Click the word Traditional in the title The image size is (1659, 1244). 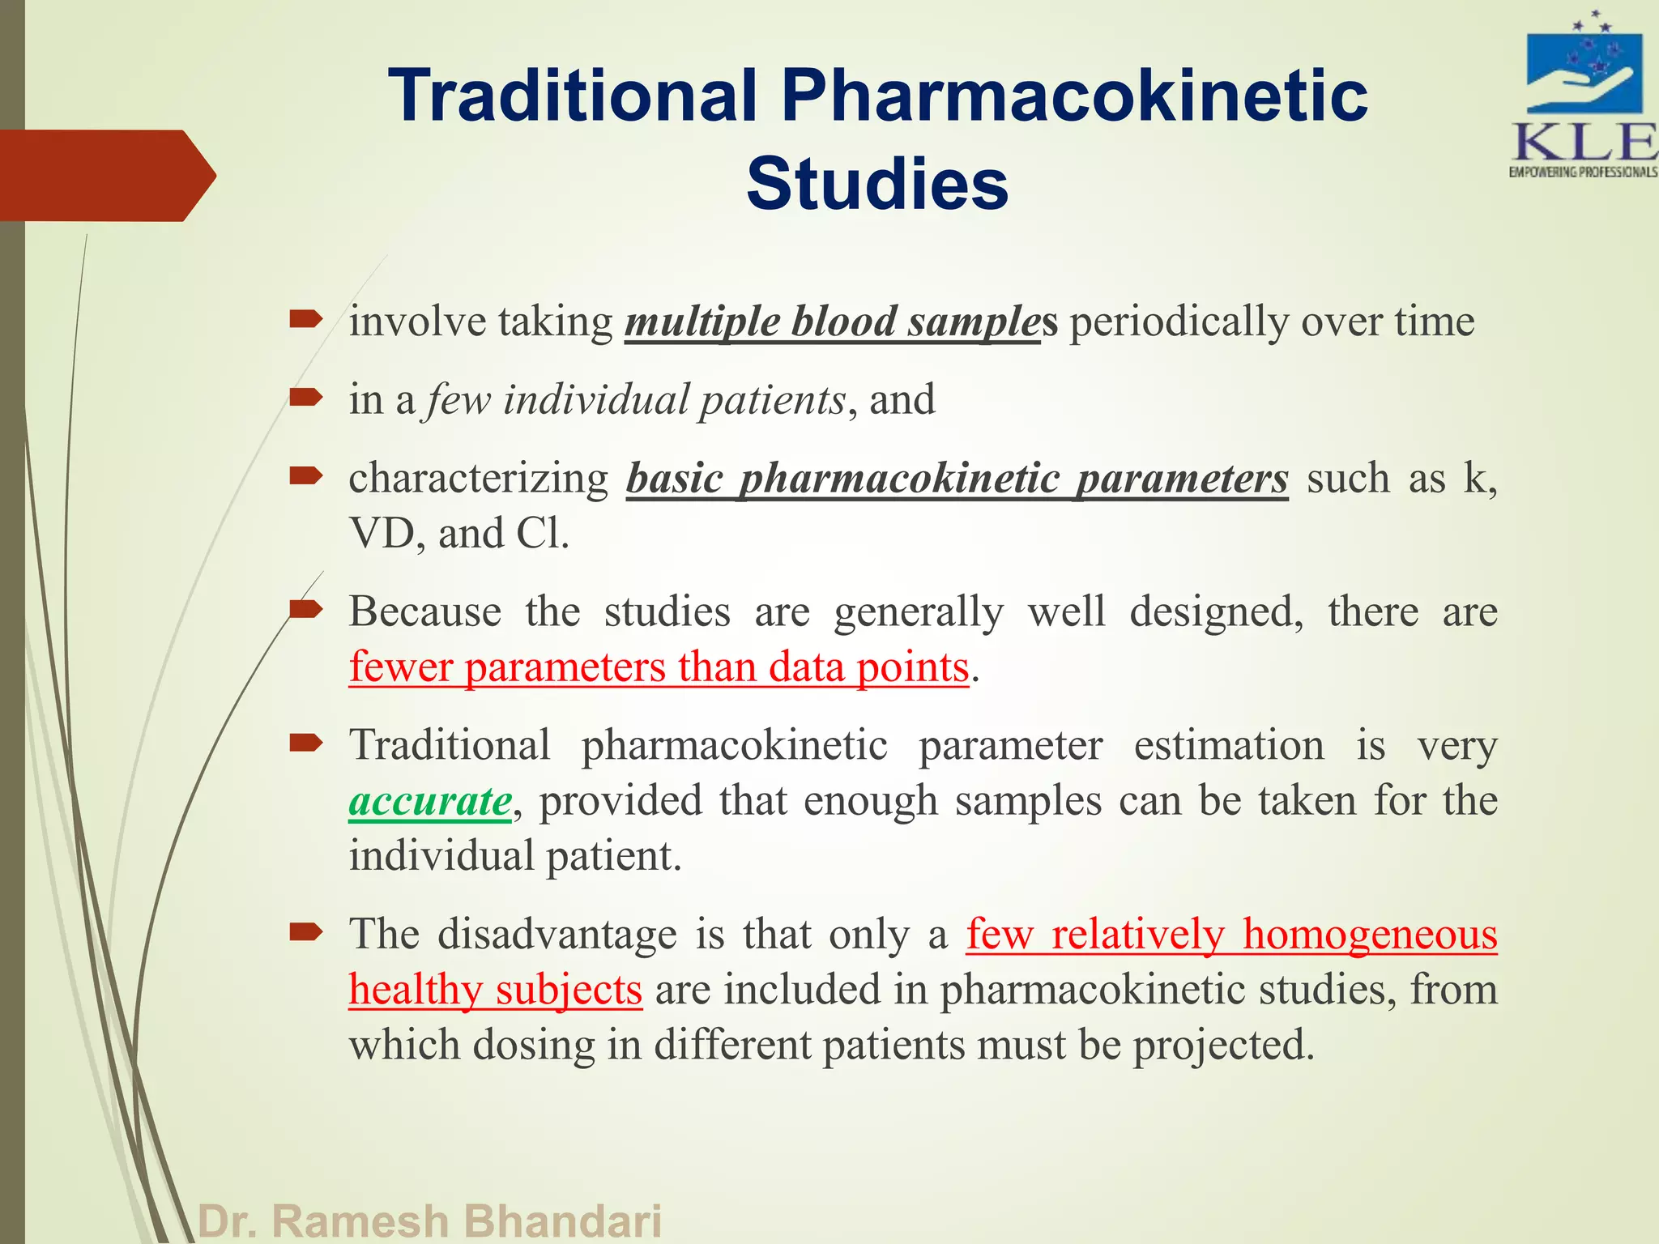tap(572, 96)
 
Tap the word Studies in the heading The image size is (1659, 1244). tap(877, 185)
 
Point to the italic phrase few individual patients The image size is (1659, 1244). tap(637, 400)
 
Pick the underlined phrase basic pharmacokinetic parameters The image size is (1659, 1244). tap(957, 479)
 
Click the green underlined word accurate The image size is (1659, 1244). tap(430, 801)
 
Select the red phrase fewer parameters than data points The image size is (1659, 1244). tap(659, 667)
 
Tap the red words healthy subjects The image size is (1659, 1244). tap(495, 990)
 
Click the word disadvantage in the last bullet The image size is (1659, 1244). tap(557, 935)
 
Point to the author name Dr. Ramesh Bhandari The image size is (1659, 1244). tap(430, 1221)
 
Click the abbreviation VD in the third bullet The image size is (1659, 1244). tap(382, 534)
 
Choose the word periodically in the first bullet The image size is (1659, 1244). tap(1179, 322)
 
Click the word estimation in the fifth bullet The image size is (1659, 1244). tap(1228, 745)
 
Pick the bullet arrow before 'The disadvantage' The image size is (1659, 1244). tap(306, 933)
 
